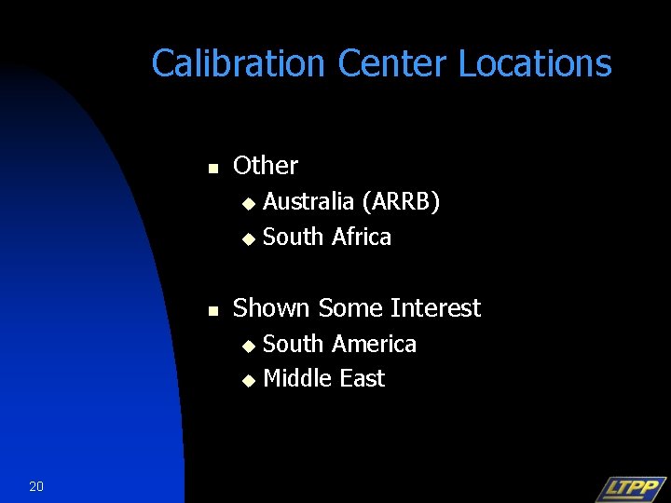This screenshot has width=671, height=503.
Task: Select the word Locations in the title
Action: coord(535,64)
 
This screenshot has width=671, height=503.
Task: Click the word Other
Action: coord(266,166)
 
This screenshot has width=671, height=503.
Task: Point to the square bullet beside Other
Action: coord(212,169)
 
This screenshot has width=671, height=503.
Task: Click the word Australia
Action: coord(308,201)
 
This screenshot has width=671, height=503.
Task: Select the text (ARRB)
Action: coord(401,201)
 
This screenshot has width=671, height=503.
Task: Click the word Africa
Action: coord(361,237)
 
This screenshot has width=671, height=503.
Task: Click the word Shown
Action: coord(272,308)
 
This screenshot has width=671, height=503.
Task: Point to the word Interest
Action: coord(436,308)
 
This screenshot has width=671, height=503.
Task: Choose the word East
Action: coord(363,378)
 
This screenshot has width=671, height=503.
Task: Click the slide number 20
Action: coord(36,485)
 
